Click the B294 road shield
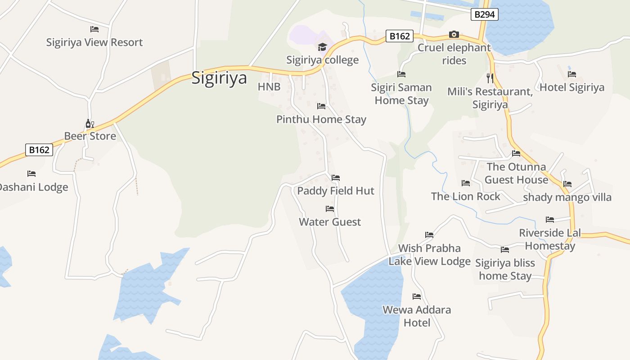(x=485, y=14)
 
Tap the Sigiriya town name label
(x=219, y=78)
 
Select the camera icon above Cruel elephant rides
(x=454, y=35)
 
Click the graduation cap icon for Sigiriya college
(x=322, y=47)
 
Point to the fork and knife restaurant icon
(x=490, y=78)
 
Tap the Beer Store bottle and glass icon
(x=90, y=123)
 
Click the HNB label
(x=269, y=86)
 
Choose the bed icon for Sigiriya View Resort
(x=94, y=29)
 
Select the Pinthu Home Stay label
(x=321, y=119)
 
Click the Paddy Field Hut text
(x=336, y=191)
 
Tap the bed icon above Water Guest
(x=330, y=209)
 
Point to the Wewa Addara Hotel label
(x=417, y=316)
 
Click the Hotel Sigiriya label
(x=571, y=87)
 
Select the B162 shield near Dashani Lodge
(x=39, y=150)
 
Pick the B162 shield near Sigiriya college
(x=399, y=36)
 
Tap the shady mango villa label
(x=567, y=197)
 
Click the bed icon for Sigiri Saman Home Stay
(x=401, y=74)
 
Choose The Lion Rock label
(x=465, y=196)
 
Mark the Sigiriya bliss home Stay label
(x=505, y=269)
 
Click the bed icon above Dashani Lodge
(x=31, y=174)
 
